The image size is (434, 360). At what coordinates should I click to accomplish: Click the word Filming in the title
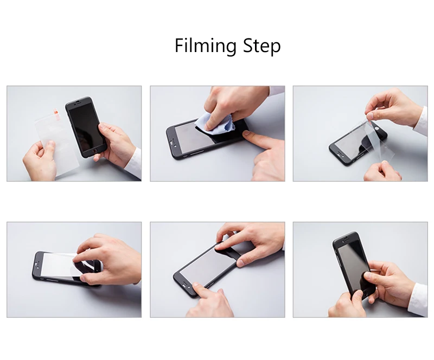point(206,46)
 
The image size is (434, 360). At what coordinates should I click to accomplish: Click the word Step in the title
point(262,46)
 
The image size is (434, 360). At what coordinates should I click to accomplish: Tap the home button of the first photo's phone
point(95,150)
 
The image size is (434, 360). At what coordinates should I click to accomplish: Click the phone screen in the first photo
point(87,128)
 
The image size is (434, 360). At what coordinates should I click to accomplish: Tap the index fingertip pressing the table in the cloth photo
point(247,134)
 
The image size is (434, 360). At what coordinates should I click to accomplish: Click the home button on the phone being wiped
point(173,143)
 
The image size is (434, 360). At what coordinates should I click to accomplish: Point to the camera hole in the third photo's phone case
point(377,128)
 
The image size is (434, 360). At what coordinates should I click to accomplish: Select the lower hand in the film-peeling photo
point(382,171)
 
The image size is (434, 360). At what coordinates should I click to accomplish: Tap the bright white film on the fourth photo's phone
point(60,264)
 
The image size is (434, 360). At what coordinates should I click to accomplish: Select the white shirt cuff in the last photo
point(419,300)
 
